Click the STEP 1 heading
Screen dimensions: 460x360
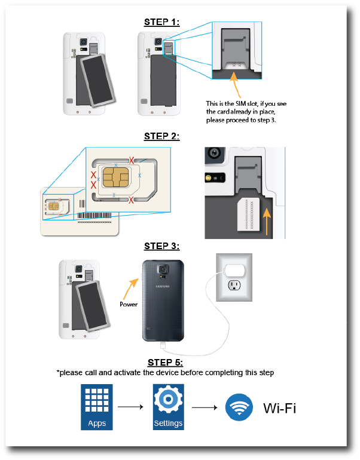[x=162, y=22]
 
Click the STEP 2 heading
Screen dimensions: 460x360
[x=162, y=136]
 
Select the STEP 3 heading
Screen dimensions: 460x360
[x=162, y=246]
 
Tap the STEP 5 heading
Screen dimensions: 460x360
[x=165, y=363]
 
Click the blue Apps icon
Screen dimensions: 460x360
[x=97, y=407]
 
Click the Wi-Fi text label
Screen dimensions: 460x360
[x=279, y=409]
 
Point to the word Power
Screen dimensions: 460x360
[x=128, y=304]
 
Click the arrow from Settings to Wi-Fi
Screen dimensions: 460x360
[x=203, y=408]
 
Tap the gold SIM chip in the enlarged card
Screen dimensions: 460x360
[x=114, y=178]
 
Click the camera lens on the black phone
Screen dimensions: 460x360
[x=163, y=270]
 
